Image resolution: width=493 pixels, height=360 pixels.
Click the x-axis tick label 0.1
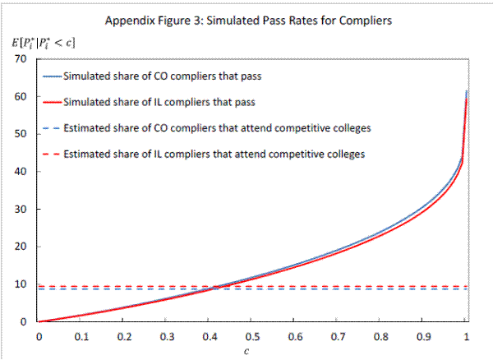[x=81, y=336]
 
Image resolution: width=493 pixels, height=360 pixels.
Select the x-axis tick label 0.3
[x=167, y=336]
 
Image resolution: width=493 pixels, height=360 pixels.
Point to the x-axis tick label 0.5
[x=253, y=336]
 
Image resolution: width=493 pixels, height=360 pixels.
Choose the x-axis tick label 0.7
[x=339, y=336]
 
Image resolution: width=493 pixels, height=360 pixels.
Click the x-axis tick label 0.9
[x=424, y=336]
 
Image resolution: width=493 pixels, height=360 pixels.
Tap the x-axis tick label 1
[x=467, y=336]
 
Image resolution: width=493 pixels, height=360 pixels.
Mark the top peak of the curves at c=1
[x=467, y=91]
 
